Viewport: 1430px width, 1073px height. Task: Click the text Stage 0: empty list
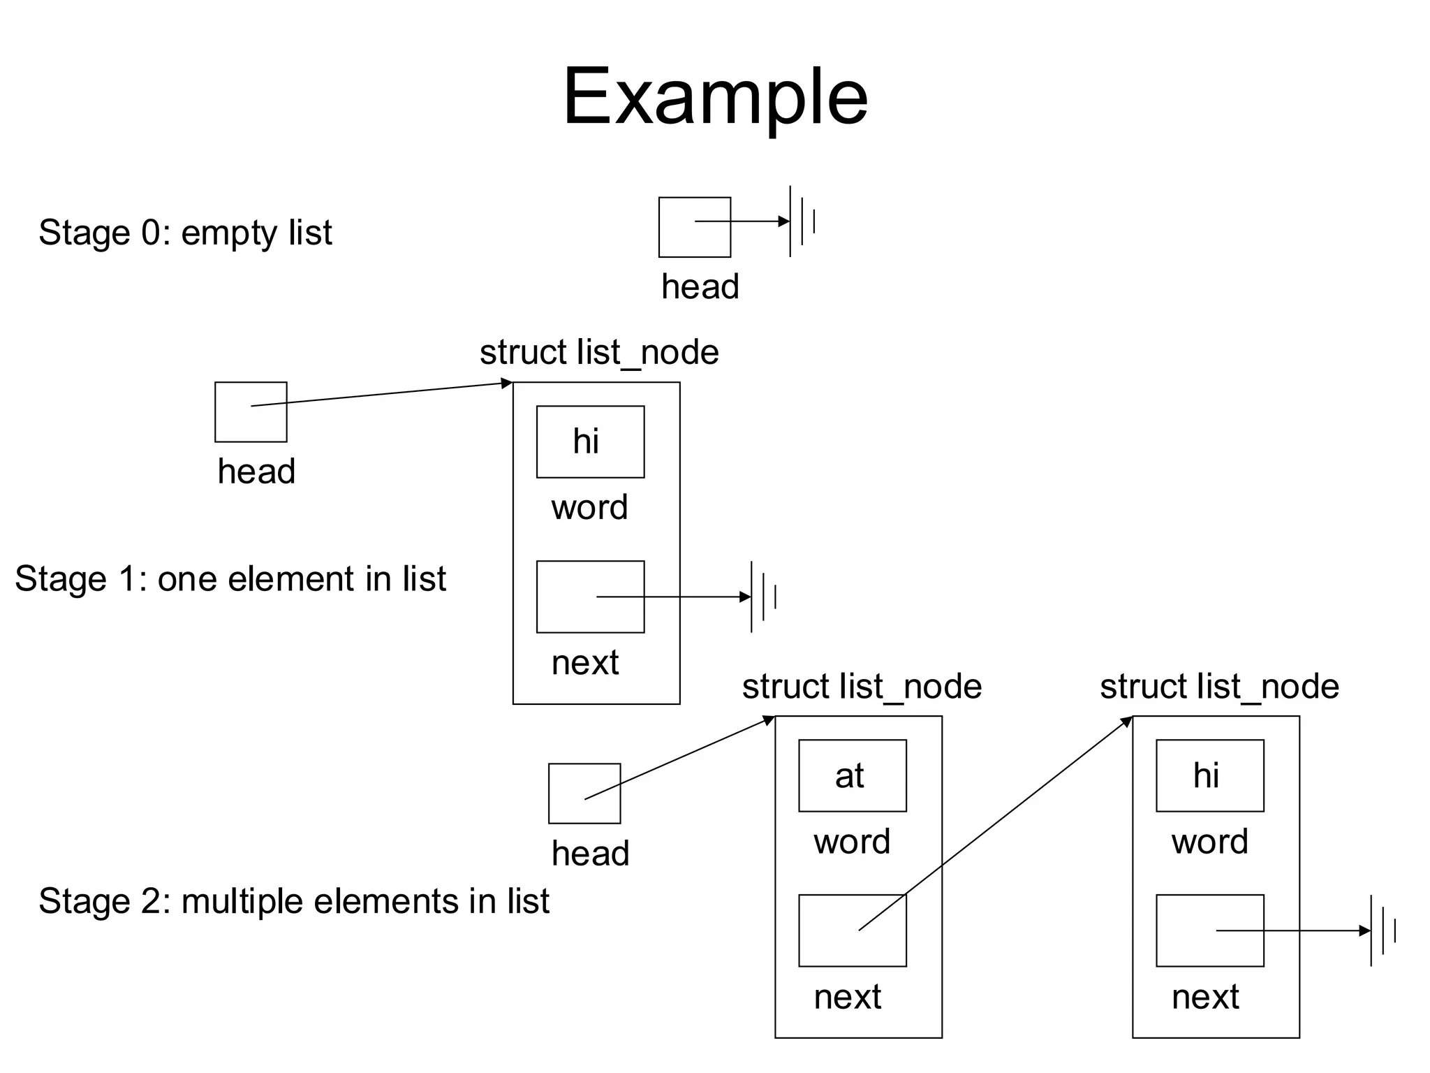point(185,233)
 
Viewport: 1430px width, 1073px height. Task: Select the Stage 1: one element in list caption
point(230,579)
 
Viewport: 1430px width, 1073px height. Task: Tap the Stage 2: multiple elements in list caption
point(294,901)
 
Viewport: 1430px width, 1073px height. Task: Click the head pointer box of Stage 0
point(694,227)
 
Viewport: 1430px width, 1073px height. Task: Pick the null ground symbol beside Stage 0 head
point(802,221)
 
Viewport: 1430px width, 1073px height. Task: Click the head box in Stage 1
point(251,412)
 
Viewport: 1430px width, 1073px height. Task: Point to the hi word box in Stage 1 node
point(590,442)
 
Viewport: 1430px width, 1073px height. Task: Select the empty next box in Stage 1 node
point(590,597)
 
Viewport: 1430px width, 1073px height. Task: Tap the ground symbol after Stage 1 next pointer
point(763,597)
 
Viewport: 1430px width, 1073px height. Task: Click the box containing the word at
point(852,776)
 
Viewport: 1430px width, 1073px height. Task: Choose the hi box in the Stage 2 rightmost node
point(1209,776)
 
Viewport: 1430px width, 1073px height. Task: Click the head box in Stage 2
point(584,794)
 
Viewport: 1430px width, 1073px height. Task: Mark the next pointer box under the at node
point(852,930)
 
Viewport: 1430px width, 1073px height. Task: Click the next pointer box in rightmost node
point(1209,930)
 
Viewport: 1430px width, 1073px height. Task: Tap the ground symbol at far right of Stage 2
point(1383,930)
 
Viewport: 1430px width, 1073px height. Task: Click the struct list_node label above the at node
point(862,687)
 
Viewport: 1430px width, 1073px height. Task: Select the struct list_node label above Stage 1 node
point(599,353)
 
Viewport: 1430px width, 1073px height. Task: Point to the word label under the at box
point(852,842)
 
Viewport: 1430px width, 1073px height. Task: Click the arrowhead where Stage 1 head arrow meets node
point(508,384)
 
